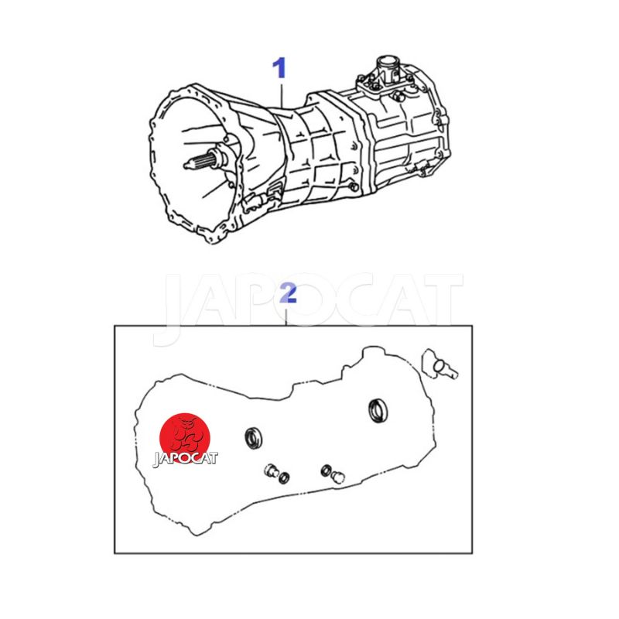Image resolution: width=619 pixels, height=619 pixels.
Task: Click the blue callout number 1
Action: coord(279,68)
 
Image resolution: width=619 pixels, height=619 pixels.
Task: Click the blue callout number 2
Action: coord(288,293)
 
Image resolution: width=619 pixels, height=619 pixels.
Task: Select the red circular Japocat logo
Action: coord(185,438)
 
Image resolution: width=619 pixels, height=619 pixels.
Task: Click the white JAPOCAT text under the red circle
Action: coord(185,459)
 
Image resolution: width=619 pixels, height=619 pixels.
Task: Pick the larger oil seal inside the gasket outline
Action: coord(378,410)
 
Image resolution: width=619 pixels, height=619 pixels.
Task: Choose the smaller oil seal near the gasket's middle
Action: coord(253,438)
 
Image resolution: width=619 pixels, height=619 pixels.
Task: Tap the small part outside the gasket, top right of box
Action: coord(439,364)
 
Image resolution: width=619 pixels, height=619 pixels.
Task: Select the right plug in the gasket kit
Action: coord(338,477)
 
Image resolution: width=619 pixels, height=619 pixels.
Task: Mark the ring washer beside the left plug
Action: coord(284,477)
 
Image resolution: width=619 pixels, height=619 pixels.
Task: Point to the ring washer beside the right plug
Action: coord(326,470)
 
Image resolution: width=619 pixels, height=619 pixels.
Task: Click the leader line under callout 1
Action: coord(282,94)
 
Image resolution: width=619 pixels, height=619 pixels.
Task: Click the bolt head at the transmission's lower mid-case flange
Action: coord(354,187)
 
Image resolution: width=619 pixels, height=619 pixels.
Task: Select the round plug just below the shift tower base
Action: coord(397,96)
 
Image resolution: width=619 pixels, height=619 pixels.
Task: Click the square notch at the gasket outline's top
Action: coord(347,370)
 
